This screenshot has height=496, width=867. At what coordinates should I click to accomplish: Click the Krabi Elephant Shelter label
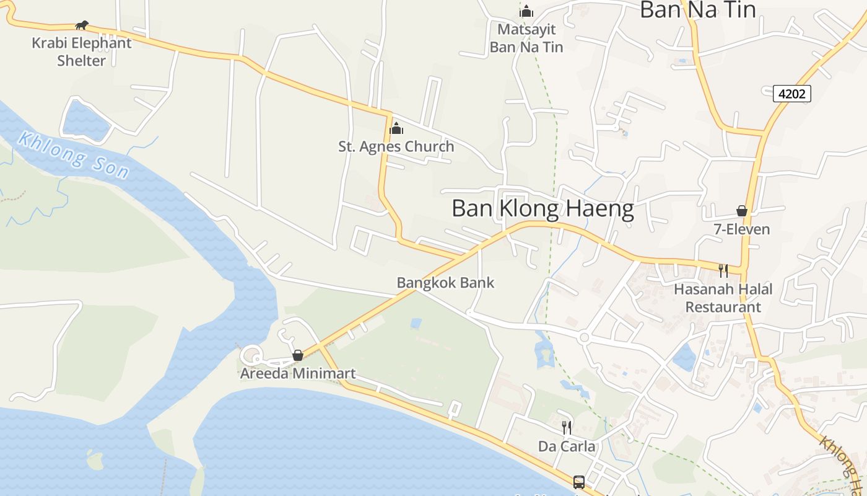(x=82, y=52)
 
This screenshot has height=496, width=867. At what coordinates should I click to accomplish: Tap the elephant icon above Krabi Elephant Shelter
(x=82, y=25)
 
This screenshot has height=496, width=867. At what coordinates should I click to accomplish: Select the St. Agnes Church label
(x=396, y=147)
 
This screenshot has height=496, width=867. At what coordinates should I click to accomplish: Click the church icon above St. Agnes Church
(x=396, y=129)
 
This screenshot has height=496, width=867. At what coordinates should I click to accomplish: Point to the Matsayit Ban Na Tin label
(x=526, y=38)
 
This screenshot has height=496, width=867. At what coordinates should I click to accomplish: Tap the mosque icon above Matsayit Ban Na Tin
(x=526, y=11)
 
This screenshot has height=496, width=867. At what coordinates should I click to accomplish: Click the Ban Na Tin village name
(x=697, y=10)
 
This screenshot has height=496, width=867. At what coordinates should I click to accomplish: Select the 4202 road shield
(x=792, y=94)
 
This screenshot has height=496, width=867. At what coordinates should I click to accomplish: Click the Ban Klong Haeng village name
(x=542, y=209)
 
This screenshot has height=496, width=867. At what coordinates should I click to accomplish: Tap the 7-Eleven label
(x=742, y=229)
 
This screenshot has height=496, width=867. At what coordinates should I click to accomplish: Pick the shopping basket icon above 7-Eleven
(x=742, y=211)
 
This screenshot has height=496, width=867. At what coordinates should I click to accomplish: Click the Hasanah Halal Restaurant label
(x=723, y=298)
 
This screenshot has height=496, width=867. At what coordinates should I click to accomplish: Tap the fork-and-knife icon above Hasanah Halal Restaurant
(x=723, y=270)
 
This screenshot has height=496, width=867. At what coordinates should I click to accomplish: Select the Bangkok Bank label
(x=445, y=283)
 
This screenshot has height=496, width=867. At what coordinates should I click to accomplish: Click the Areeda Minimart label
(x=298, y=374)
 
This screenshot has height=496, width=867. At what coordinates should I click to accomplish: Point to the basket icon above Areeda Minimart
(x=298, y=355)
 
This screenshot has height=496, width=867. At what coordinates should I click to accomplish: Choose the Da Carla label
(x=567, y=446)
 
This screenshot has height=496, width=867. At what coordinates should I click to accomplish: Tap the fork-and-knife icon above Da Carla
(x=567, y=427)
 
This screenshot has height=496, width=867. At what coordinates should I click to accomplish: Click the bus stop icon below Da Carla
(x=579, y=482)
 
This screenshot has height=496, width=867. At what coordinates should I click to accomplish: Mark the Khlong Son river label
(x=73, y=155)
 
